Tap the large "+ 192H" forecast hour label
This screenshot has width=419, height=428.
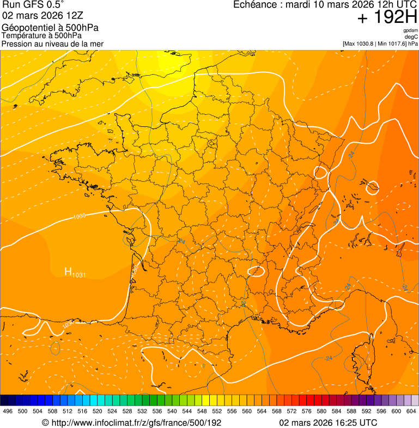(387, 17)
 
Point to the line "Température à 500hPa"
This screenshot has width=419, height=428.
(45, 35)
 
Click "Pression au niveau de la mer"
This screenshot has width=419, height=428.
(52, 44)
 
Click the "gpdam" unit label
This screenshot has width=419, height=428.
(410, 30)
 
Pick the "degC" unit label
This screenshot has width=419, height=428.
(412, 37)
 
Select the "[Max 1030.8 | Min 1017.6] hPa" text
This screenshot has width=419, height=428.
(380, 44)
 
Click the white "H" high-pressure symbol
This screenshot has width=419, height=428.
(68, 272)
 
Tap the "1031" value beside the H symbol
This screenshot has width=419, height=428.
(79, 274)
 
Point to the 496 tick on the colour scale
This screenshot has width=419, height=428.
(8, 411)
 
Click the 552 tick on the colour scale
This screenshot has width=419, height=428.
(217, 411)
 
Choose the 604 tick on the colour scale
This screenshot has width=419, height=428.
(411, 411)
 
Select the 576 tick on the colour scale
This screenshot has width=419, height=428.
(307, 411)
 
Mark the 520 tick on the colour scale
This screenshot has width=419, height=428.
(98, 411)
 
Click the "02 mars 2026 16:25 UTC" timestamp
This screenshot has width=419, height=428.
(328, 423)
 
